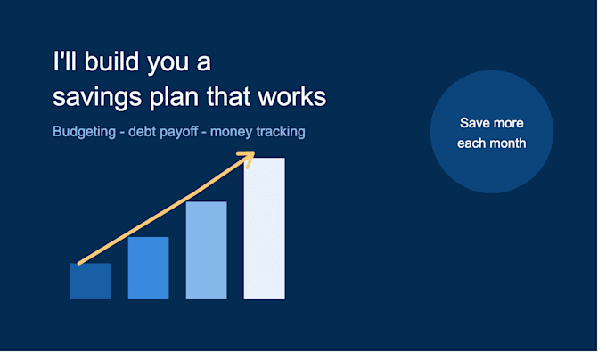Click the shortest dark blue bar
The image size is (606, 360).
click(90, 281)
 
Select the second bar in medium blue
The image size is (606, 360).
click(149, 267)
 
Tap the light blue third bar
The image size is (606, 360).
click(207, 250)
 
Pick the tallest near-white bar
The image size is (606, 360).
click(265, 228)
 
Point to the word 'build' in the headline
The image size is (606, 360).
click(111, 61)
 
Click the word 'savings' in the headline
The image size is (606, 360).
click(97, 96)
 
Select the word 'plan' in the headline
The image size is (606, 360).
click(175, 96)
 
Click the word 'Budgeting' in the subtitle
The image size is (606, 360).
click(85, 132)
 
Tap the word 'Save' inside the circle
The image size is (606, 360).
click(472, 123)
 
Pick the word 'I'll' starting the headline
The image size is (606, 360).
click(64, 61)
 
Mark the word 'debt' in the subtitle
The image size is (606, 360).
click(142, 132)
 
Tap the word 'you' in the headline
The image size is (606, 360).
click(168, 63)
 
